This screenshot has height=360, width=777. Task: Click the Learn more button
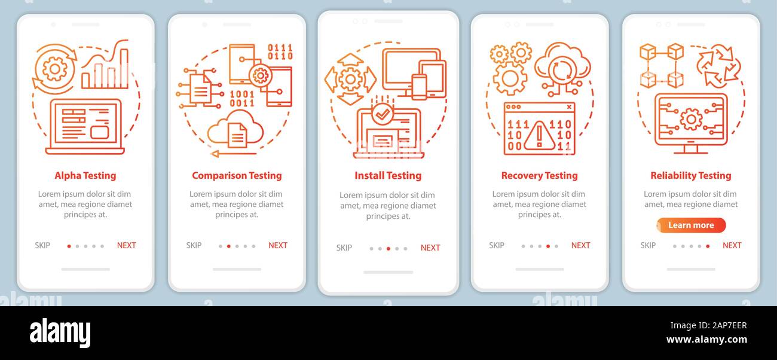pos(691,225)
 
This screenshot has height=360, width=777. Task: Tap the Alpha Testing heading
pos(85,175)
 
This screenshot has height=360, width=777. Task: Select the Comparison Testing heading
pos(237,175)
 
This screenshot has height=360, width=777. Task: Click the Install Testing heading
pos(388,175)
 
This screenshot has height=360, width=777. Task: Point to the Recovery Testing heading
pos(539,175)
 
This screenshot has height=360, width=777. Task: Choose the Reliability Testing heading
pos(691,175)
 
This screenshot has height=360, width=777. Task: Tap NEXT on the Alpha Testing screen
pos(127,245)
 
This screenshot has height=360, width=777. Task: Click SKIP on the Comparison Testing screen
pos(194,245)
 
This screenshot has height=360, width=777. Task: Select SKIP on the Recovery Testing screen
pos(497,245)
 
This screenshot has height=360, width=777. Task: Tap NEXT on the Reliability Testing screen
pos(732,245)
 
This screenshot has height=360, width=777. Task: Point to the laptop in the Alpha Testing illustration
pos(85,127)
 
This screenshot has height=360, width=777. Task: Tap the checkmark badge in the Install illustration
pos(382,113)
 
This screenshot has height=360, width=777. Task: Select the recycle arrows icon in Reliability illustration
pos(718,66)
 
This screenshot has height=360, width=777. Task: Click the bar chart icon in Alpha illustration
pos(105,67)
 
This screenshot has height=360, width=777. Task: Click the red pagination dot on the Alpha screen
pos(69,246)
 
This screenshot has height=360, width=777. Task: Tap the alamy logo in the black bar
pos(60,333)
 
